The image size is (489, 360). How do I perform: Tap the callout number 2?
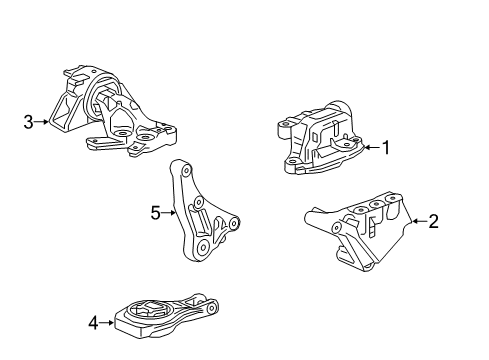pyautogui.click(x=433, y=220)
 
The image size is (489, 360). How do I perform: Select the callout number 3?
pyautogui.click(x=28, y=123)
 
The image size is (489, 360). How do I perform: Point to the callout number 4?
pyautogui.click(x=93, y=322)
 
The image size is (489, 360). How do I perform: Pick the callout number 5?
pyautogui.click(x=155, y=211)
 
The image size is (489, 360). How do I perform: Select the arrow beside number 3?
pyautogui.click(x=42, y=123)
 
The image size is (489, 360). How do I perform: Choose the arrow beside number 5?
pyautogui.click(x=170, y=211)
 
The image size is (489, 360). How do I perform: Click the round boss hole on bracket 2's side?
pyautogui.click(x=339, y=227)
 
